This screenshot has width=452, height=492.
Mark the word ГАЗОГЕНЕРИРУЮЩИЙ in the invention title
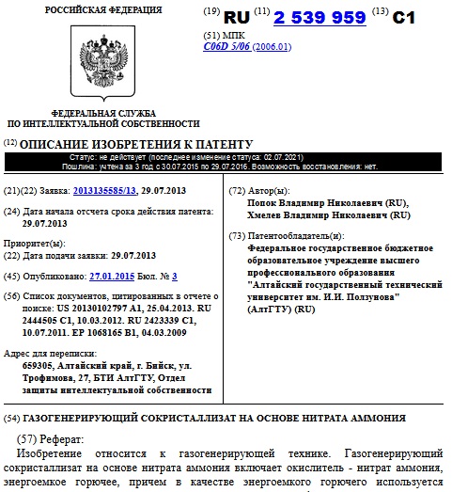pyautogui.click(x=80, y=417)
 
